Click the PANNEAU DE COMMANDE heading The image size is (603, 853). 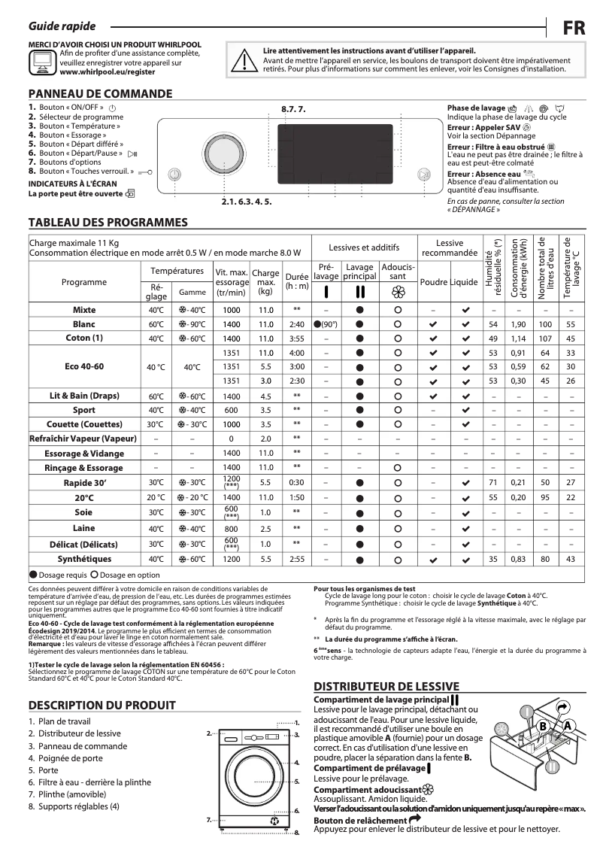(x=100, y=94)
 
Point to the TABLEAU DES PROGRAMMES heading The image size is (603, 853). (x=108, y=223)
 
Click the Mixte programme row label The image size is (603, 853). (x=84, y=310)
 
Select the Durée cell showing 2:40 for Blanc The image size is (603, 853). (x=297, y=324)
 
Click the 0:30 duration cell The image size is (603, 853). (x=297, y=482)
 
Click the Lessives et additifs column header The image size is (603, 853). (x=364, y=247)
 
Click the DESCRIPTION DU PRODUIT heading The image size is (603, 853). (x=102, y=705)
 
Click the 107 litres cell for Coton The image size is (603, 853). (x=545, y=338)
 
